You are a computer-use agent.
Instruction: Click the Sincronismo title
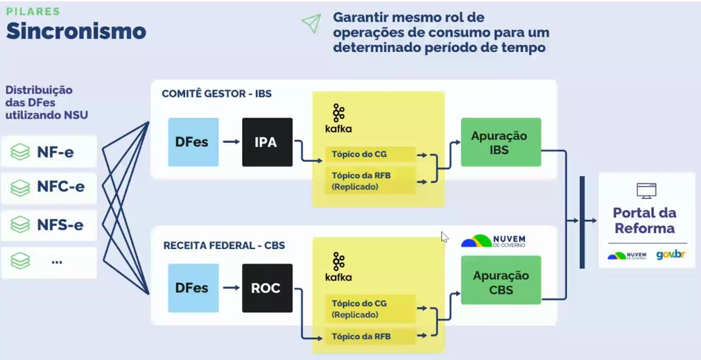(76, 31)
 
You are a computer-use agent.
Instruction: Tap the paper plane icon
(311, 23)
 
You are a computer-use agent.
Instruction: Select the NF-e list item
(49, 151)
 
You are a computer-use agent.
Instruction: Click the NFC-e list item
(49, 187)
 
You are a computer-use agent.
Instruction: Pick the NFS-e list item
(49, 224)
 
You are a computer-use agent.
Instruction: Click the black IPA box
(267, 142)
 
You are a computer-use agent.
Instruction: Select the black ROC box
(267, 288)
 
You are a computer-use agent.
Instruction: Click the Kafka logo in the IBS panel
(338, 119)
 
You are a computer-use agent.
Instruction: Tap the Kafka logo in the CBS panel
(338, 267)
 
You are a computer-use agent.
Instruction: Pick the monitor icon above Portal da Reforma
(646, 190)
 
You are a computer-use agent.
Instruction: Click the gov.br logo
(670, 255)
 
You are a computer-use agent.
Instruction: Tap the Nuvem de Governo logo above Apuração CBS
(494, 241)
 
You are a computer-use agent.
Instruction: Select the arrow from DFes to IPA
(231, 142)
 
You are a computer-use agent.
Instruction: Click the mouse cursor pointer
(444, 236)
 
